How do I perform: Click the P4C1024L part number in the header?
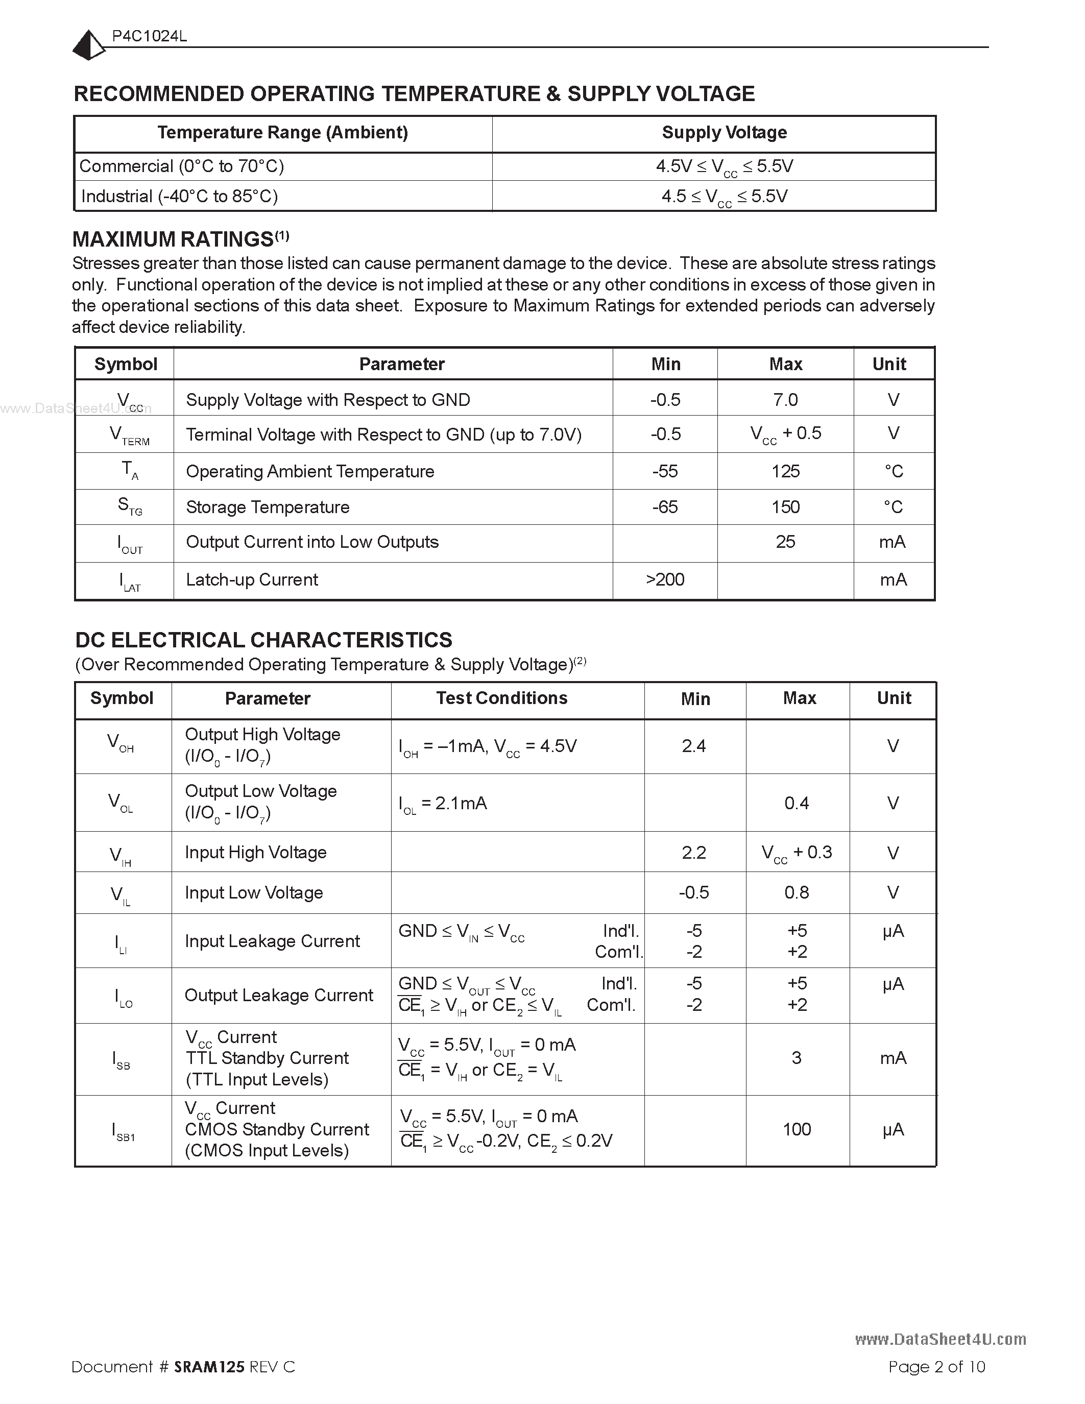coord(149,37)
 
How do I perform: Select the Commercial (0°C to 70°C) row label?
coord(182,166)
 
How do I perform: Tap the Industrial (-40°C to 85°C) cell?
coord(179,196)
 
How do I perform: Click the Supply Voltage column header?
coord(724,132)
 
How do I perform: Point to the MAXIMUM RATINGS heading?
coord(174,239)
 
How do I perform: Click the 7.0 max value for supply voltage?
coord(785,400)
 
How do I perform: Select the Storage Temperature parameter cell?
coord(268,507)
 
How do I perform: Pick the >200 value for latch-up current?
coord(665,580)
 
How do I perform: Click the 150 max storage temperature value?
coord(785,507)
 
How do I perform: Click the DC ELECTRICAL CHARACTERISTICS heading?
coord(263,640)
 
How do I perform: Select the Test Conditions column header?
coord(501,698)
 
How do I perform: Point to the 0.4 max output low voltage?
coord(797,803)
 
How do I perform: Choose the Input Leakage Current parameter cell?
coord(272,941)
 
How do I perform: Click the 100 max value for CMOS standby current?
coord(797,1129)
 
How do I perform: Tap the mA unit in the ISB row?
coord(893,1058)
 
